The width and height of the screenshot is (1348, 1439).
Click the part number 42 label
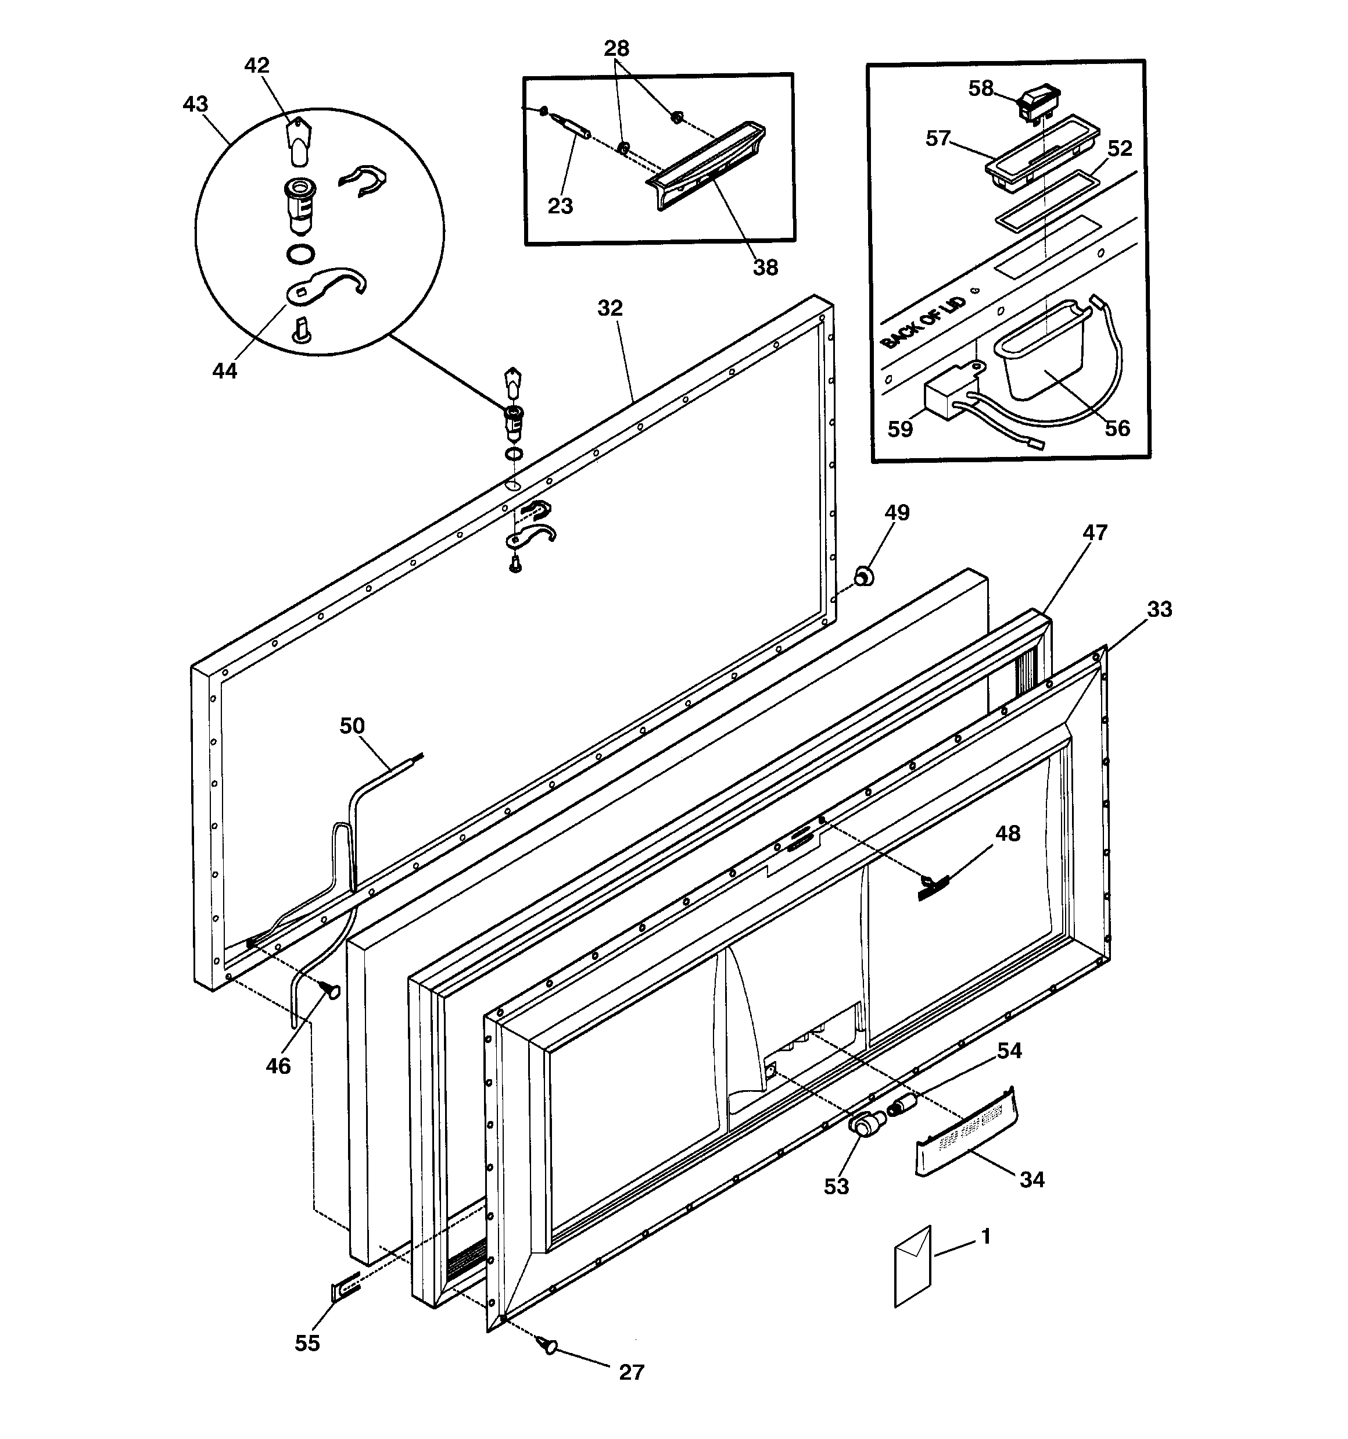tap(257, 65)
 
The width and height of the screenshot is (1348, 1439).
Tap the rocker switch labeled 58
tap(1038, 103)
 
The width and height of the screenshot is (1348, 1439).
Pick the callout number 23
tap(560, 206)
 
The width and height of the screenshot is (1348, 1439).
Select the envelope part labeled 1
tap(912, 1266)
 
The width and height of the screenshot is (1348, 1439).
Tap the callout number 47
tap(1095, 533)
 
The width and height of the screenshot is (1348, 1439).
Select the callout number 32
tap(610, 308)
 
